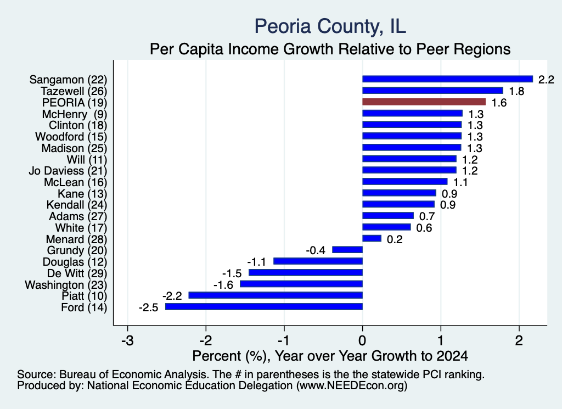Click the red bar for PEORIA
click(x=424, y=102)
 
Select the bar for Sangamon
click(x=448, y=79)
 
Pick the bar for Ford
click(x=264, y=307)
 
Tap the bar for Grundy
click(x=347, y=250)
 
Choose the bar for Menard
click(x=372, y=238)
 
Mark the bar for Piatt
click(x=276, y=295)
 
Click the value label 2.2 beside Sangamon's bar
click(x=546, y=80)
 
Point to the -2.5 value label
click(x=149, y=307)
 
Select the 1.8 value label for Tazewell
click(x=516, y=91)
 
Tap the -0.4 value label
click(x=316, y=250)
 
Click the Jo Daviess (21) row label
click(x=68, y=171)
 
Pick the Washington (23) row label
click(x=66, y=285)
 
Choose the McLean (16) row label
click(x=76, y=182)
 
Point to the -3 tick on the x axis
click(x=127, y=340)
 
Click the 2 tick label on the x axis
click(x=519, y=340)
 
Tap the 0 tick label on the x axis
click(x=363, y=340)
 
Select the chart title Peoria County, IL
click(x=330, y=26)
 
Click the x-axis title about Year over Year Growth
click(x=330, y=356)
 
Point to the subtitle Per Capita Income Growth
click(x=330, y=49)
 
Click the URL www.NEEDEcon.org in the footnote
click(x=352, y=386)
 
